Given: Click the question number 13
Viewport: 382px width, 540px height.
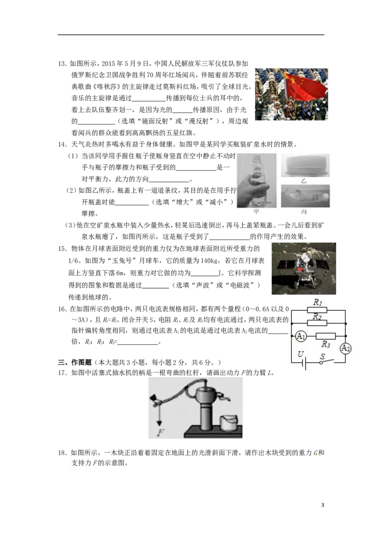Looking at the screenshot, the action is point(62,64).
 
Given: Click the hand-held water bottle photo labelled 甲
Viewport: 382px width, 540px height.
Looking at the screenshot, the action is point(256,181).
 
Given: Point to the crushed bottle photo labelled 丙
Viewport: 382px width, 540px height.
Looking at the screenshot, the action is point(305,197).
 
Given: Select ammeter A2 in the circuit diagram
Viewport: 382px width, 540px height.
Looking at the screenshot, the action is point(345,348).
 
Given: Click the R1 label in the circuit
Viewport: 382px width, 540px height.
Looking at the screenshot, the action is point(317,302).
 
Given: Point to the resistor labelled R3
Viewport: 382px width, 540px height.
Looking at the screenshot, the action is point(326,336).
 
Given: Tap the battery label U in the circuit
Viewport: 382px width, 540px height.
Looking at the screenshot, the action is point(301,354).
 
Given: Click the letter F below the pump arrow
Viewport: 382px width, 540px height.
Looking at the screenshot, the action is point(160,432).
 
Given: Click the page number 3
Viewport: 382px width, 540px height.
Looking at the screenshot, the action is point(323,505).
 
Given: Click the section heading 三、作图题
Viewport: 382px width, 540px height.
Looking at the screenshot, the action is point(74,362).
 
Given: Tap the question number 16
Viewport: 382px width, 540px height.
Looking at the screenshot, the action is point(62,309).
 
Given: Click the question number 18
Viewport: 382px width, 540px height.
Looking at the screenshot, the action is point(62,453).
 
